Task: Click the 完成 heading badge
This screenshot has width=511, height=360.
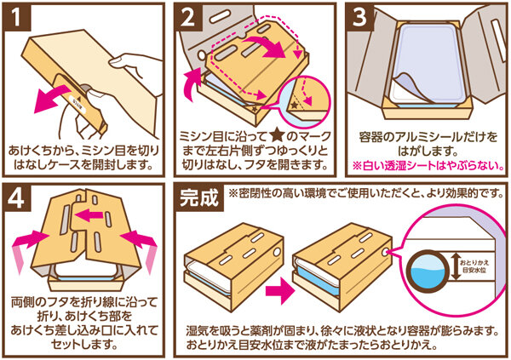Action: click(200, 197)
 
